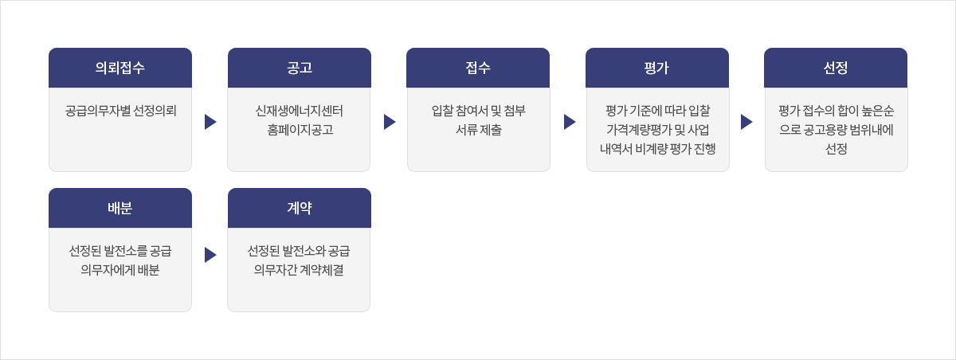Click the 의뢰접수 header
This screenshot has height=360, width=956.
pyautogui.click(x=120, y=68)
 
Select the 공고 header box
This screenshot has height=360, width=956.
pyautogui.click(x=300, y=68)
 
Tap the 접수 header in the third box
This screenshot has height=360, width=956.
pyautogui.click(x=478, y=68)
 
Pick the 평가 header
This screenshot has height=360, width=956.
pyautogui.click(x=656, y=68)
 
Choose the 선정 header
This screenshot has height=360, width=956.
pyautogui.click(x=836, y=68)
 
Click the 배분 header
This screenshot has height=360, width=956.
pyautogui.click(x=120, y=208)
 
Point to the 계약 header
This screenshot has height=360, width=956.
pyautogui.click(x=300, y=208)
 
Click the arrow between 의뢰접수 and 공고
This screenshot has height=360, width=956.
pyautogui.click(x=210, y=122)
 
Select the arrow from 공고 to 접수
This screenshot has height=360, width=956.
pyautogui.click(x=390, y=122)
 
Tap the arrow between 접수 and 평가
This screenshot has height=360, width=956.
pyautogui.click(x=570, y=122)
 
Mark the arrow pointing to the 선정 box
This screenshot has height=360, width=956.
pyautogui.click(x=746, y=122)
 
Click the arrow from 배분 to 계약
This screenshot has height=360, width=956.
pyautogui.click(x=210, y=255)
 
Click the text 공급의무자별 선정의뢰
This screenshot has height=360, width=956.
pyautogui.click(x=120, y=111)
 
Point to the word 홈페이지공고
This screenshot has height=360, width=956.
pyautogui.click(x=300, y=130)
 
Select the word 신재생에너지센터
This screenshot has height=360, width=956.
pyautogui.click(x=300, y=111)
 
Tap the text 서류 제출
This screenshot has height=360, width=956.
pyautogui.click(x=479, y=130)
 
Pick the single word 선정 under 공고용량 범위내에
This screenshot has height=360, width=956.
pyautogui.click(x=836, y=149)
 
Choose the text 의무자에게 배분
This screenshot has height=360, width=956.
pyautogui.click(x=120, y=270)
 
